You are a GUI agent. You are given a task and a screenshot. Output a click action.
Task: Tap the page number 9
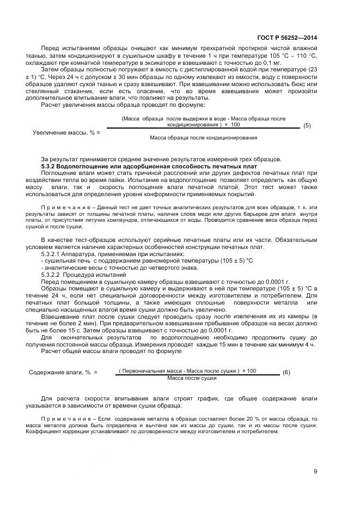click(315, 471)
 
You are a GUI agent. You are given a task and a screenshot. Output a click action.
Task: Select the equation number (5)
click(307, 125)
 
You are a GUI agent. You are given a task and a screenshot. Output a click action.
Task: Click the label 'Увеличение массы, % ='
click(66, 132)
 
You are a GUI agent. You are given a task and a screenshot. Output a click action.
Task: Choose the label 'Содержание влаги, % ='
click(63, 372)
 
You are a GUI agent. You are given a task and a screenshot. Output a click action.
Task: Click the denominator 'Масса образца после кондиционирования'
click(203, 138)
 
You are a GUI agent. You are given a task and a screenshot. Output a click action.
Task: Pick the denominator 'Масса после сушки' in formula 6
click(192, 378)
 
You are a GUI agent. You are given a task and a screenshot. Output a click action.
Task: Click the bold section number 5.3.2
click(50, 165)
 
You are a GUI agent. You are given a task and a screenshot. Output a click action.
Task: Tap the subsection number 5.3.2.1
click(53, 254)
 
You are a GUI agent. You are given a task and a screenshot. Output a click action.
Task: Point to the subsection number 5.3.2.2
click(53, 275)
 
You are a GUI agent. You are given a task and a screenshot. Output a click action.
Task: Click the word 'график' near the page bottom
click(180, 398)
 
